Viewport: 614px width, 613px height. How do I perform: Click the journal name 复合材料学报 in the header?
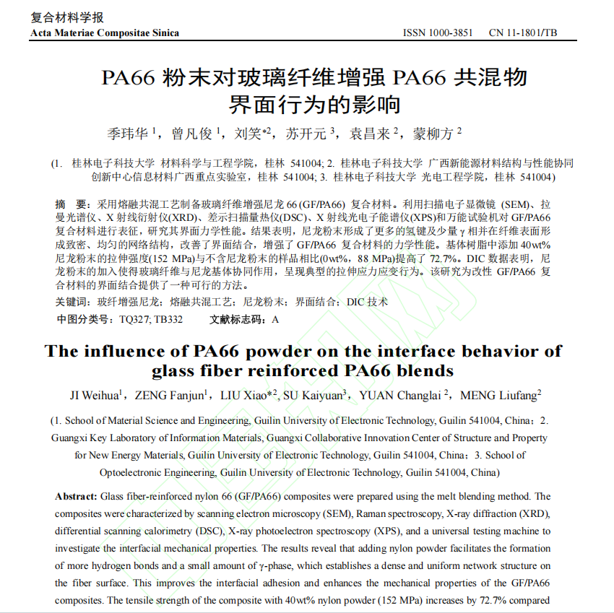(x=66, y=17)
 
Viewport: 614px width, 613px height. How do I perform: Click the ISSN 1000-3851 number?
(x=437, y=32)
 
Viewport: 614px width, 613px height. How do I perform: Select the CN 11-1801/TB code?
(x=523, y=32)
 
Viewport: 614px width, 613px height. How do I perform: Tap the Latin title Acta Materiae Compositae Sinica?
(x=105, y=32)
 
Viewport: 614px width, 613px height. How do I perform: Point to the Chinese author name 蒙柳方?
(x=433, y=134)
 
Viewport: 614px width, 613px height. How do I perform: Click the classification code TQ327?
(x=134, y=319)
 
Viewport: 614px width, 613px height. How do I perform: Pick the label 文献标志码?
(x=238, y=319)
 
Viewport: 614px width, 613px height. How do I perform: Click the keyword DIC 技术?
(x=367, y=302)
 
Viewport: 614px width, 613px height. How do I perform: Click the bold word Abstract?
(x=75, y=497)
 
